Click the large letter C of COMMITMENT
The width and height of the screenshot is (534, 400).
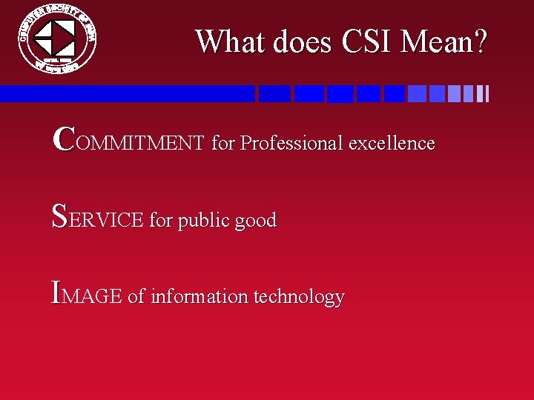pyautogui.click(x=64, y=138)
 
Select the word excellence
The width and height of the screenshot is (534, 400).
pyautogui.click(x=392, y=142)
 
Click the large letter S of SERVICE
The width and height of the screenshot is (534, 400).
pyautogui.click(x=61, y=216)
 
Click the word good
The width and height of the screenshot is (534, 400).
pyautogui.click(x=254, y=221)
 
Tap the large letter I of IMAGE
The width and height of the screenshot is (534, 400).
pyautogui.click(x=57, y=292)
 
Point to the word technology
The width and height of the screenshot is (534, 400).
pyautogui.click(x=299, y=297)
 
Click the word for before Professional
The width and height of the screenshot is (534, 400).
pyautogui.click(x=222, y=142)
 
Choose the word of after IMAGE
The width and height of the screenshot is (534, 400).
pyautogui.click(x=136, y=296)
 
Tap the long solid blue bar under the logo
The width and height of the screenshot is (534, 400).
pyautogui.click(x=126, y=93)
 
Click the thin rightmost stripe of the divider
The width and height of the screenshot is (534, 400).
pyautogui.click(x=487, y=93)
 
